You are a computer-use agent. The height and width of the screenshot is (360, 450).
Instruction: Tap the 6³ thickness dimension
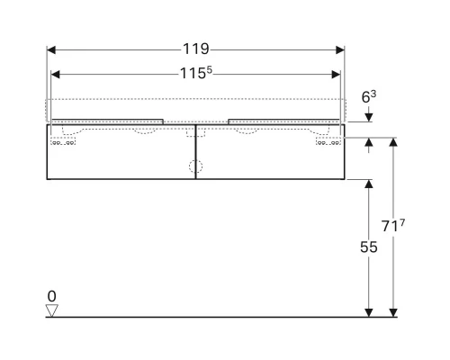tap(369, 93)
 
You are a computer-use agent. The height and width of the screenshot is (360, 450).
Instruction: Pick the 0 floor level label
tap(52, 295)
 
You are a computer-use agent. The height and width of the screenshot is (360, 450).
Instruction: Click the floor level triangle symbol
tap(52, 310)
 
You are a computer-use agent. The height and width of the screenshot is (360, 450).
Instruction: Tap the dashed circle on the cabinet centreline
tap(194, 166)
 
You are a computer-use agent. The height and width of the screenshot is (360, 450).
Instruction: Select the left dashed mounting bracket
tap(62, 141)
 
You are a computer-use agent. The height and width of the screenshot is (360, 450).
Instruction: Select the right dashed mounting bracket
tap(328, 141)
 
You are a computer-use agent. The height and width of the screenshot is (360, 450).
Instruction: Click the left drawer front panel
tap(121, 157)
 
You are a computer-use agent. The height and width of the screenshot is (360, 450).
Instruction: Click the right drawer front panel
tap(269, 157)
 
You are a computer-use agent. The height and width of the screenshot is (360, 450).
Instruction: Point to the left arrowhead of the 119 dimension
tap(50, 49)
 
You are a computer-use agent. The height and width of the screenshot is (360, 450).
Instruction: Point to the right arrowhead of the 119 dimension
tap(341, 49)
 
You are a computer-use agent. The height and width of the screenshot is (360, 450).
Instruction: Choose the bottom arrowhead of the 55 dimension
tap(368, 311)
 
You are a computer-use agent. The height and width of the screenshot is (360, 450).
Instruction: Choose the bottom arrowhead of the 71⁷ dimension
tap(393, 311)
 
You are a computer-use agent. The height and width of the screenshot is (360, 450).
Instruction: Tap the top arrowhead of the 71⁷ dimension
tap(393, 142)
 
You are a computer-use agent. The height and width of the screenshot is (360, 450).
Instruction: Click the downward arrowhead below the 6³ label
tap(368, 116)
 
